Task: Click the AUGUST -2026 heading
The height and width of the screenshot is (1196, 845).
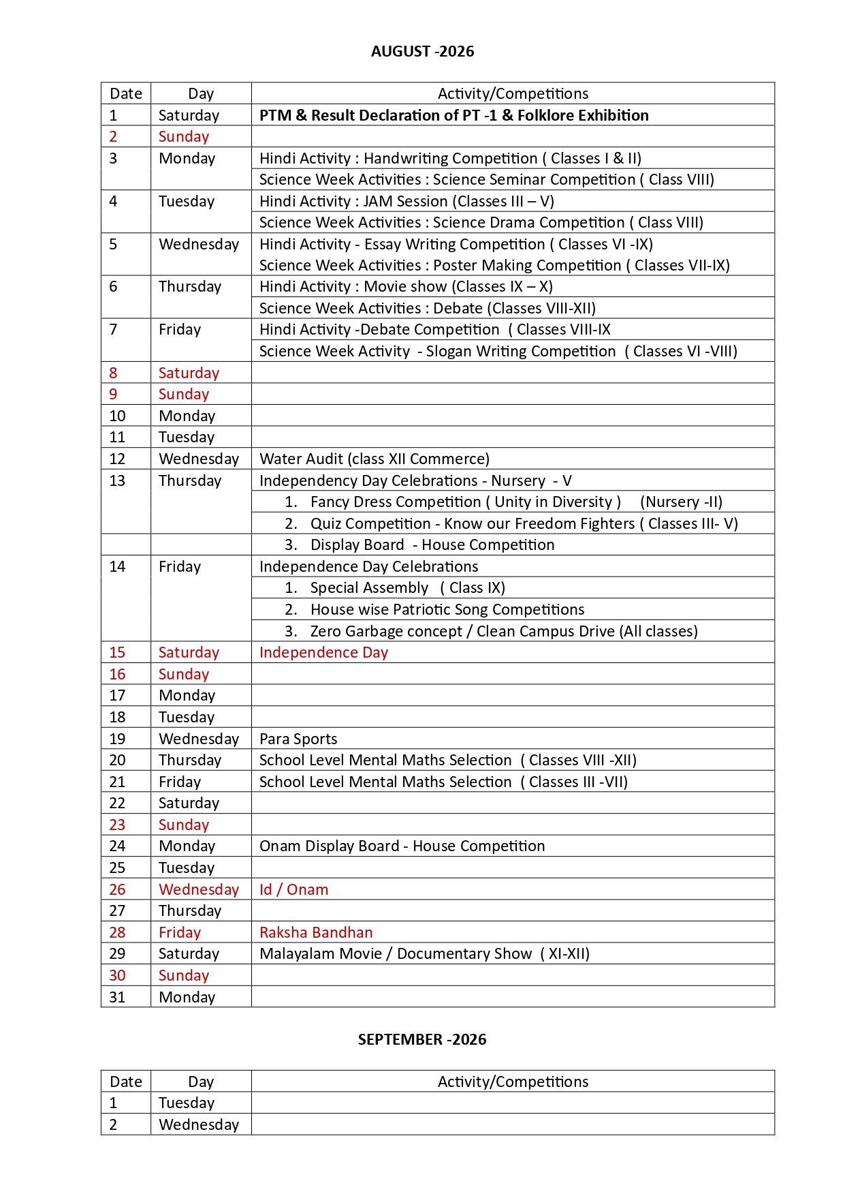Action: point(422,51)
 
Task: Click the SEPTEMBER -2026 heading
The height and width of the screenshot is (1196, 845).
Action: point(422,1039)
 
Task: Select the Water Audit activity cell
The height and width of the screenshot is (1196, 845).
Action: point(374,459)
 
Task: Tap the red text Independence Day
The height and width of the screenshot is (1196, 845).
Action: point(323,652)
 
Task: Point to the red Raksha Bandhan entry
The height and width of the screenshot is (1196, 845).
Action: point(316,932)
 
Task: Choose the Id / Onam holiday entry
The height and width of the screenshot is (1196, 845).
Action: point(293,889)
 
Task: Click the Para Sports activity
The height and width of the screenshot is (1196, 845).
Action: point(298,739)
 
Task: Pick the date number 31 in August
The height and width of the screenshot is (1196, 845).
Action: point(117,997)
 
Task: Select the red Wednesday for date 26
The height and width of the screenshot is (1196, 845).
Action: point(199,889)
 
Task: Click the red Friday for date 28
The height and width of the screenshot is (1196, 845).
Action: point(180,932)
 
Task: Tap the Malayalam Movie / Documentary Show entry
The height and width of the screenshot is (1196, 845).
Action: point(424,953)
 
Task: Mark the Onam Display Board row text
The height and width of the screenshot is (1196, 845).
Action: point(402,846)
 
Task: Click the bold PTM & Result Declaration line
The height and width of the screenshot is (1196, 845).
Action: point(453,115)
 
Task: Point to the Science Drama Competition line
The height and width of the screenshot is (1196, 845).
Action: point(481,222)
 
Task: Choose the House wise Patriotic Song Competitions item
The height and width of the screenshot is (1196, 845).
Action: point(447,609)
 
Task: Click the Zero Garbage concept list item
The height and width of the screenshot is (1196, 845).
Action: point(503,631)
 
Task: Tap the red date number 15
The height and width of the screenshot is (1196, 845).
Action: point(117,652)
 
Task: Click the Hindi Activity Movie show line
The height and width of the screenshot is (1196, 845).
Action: point(406,286)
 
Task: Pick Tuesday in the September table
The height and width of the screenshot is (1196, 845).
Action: point(187,1103)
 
